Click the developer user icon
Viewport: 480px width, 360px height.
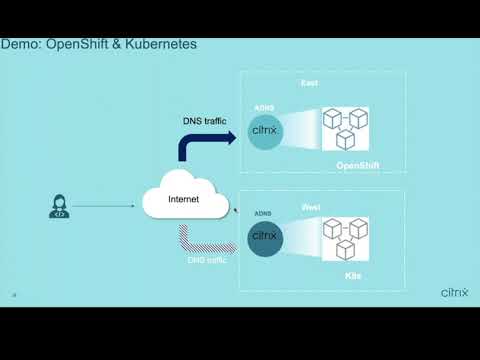[x=58, y=207]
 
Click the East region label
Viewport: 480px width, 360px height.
[x=310, y=83]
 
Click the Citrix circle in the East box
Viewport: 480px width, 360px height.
[x=265, y=131]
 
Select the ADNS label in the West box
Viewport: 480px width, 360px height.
[x=264, y=212]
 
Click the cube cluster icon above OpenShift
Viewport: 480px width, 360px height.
[x=345, y=130]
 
